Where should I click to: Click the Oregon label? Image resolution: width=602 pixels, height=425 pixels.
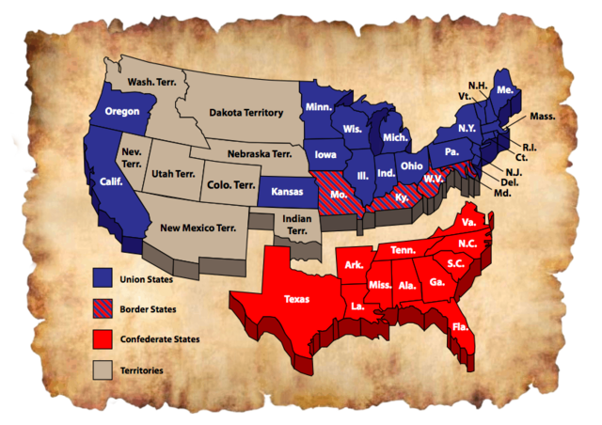coord(122,109)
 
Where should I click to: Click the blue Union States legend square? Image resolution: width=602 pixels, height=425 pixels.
coord(103,277)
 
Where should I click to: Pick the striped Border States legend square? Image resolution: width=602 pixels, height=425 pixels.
coord(103,307)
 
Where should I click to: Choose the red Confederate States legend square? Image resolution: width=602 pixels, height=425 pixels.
coord(103,338)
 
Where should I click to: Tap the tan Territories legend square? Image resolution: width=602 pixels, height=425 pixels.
coord(103,370)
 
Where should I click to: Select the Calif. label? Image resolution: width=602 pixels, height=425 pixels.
coord(112,182)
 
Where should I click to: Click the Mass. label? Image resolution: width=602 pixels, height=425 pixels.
coord(543,117)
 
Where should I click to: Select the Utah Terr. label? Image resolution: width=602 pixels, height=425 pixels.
coord(171,175)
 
